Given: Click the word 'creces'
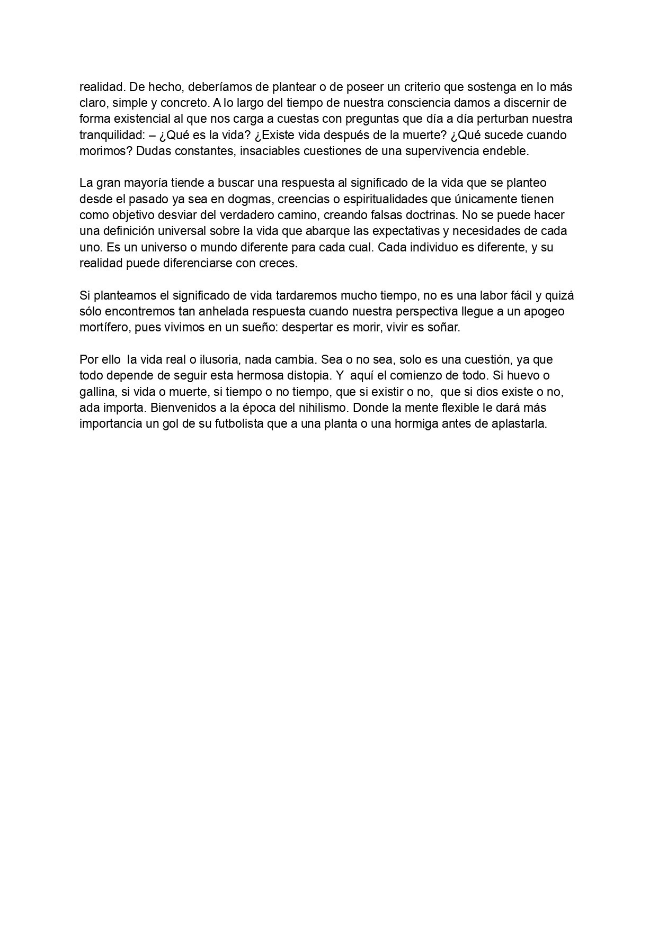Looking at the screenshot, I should point(279,264).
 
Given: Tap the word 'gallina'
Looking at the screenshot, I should point(97,392).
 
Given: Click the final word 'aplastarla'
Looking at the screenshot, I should point(521,424).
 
